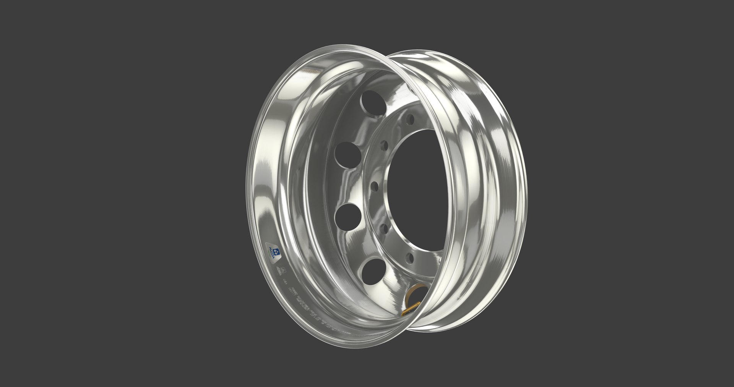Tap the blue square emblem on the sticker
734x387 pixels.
click(276, 252)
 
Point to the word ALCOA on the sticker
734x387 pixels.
click(271, 253)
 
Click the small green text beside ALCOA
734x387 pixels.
click(270, 253)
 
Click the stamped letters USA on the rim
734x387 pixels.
click(285, 282)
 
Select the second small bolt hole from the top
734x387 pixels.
click(384, 146)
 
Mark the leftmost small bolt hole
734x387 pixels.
click(375, 187)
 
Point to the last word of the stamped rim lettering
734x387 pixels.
click(347, 333)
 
